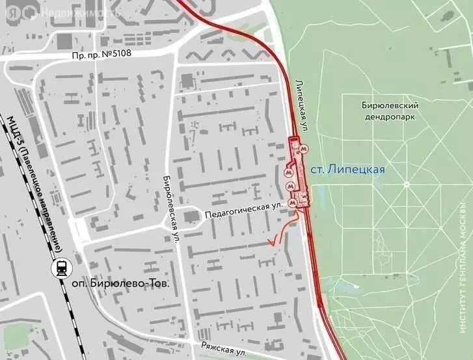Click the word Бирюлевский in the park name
coord(389,105)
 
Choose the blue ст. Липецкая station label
coord(346,169)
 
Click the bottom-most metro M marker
coord(297,202)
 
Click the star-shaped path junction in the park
coord(407,184)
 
